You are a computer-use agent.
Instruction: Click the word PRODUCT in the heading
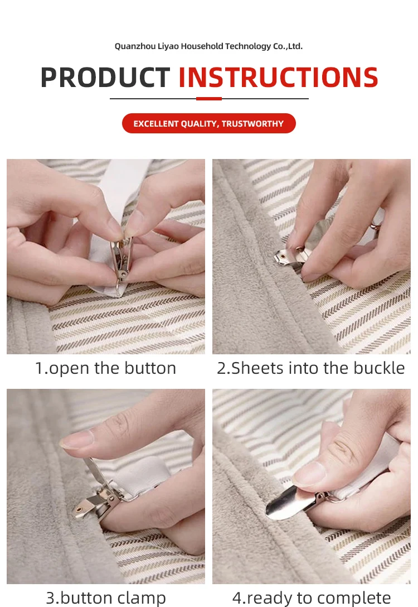tap(105, 78)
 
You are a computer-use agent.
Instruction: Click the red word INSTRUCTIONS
tap(278, 78)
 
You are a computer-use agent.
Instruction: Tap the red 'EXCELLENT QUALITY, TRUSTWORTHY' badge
tap(209, 123)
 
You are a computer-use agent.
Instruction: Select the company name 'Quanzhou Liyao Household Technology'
tap(193, 46)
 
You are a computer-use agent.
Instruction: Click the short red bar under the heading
tap(209, 99)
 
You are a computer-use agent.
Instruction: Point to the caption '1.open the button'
tap(105, 368)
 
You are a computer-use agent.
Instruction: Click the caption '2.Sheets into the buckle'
tap(311, 368)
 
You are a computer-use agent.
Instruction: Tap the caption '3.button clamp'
tap(106, 598)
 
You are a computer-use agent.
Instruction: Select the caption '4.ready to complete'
tap(312, 598)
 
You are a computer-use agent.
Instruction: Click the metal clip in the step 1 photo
tap(121, 259)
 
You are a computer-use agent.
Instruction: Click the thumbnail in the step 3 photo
tap(77, 440)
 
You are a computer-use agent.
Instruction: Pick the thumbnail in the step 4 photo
tap(309, 474)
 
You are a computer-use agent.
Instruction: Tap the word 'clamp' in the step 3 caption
tap(142, 598)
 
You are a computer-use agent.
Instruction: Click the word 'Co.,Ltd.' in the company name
tap(288, 46)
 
